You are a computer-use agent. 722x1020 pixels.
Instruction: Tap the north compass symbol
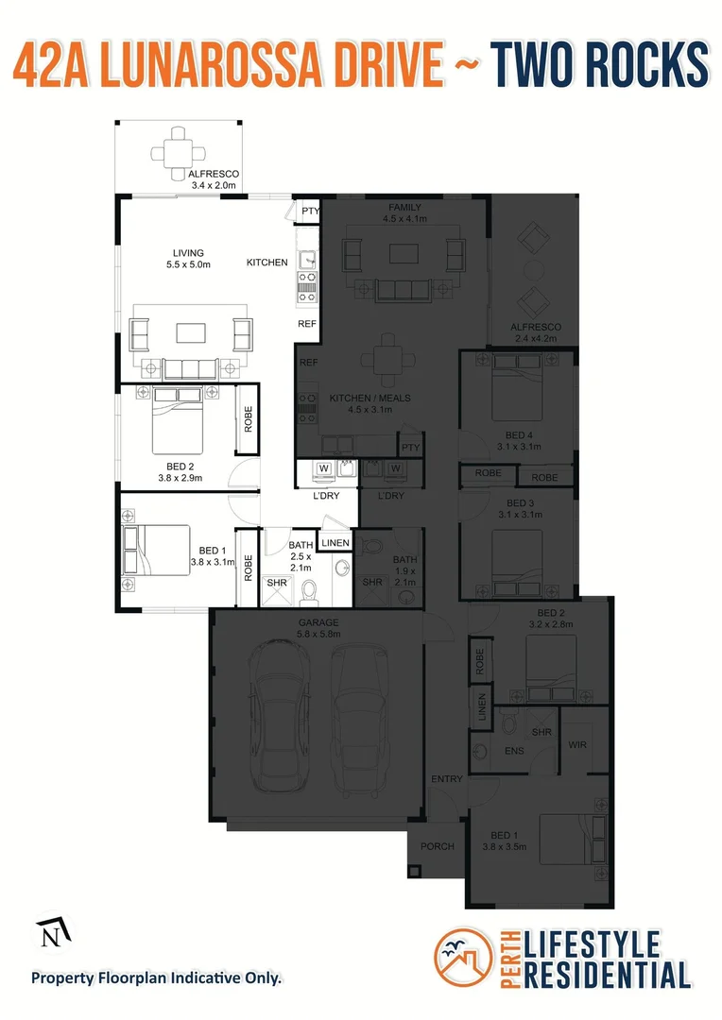point(50,935)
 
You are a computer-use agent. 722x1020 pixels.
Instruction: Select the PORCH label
point(437,846)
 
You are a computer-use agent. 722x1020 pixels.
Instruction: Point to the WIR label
point(577,744)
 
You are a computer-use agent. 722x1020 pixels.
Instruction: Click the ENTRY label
point(446,779)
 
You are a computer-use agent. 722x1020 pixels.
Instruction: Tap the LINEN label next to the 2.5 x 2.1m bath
point(335,542)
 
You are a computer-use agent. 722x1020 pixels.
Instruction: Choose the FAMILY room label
point(404,208)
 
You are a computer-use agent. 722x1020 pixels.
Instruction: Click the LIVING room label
point(188,252)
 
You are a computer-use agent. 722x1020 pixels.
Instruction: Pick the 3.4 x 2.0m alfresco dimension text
point(213,186)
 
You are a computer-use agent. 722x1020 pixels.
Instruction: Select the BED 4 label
point(520,435)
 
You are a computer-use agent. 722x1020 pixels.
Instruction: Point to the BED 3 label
point(520,503)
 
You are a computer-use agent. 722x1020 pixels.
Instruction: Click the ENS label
point(514,752)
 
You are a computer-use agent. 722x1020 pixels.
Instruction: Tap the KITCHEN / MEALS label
point(370,399)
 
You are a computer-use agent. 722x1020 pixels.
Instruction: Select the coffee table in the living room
point(192,331)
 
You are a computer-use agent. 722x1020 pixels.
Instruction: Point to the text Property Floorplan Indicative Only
point(157,977)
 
